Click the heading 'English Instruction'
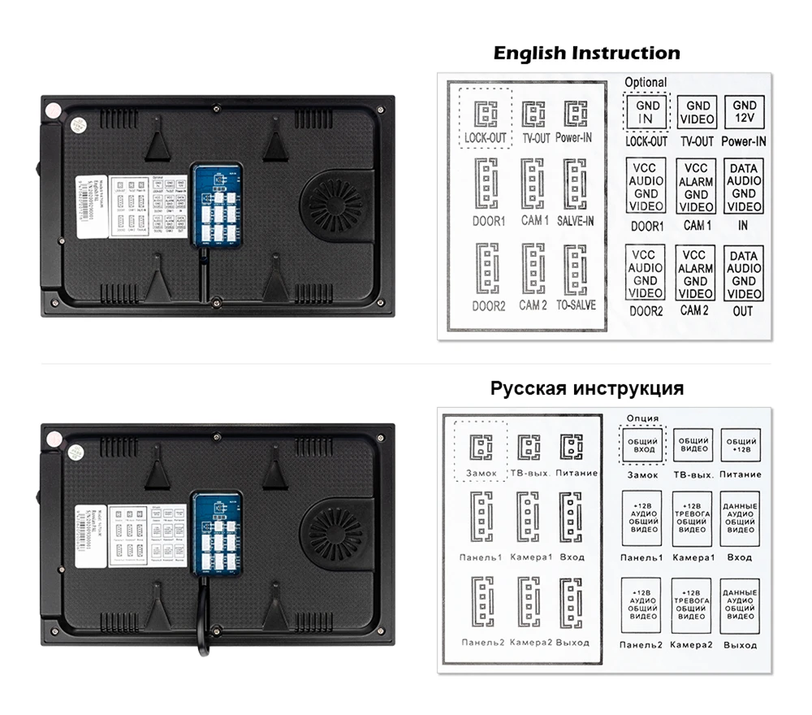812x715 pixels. [586, 54]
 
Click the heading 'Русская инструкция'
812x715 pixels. [586, 388]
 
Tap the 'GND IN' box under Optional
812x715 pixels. [648, 112]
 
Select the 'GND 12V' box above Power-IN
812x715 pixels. [744, 112]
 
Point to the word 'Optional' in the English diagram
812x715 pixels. [646, 82]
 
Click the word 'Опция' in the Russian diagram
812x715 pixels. [644, 418]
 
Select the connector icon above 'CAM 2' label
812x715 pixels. [533, 269]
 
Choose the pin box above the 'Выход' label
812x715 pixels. [740, 605]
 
